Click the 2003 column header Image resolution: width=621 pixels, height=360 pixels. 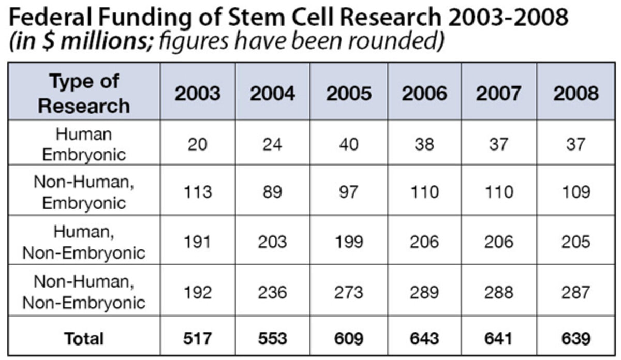[197, 93]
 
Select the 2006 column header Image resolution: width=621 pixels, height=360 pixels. [424, 93]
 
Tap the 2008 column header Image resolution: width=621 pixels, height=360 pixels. [576, 93]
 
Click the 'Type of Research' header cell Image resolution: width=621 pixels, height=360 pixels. [84, 93]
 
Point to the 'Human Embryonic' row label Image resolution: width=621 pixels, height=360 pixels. [84, 144]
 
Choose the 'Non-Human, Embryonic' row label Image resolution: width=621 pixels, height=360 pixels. [84, 191]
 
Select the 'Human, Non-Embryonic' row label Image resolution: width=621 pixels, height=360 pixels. [84, 242]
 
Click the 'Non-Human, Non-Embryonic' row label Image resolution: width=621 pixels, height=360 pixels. [84, 291]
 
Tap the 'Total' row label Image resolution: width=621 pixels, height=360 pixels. [84, 338]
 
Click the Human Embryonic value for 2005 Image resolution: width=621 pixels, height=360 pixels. [349, 144]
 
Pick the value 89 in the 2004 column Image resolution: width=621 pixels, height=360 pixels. [273, 192]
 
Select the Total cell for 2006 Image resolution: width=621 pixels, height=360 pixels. [424, 338]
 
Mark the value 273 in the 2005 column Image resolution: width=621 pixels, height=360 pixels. [349, 292]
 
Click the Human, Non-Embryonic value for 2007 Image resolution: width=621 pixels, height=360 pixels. [500, 242]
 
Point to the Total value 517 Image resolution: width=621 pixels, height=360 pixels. [197, 338]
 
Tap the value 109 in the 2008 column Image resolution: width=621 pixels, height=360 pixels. [576, 192]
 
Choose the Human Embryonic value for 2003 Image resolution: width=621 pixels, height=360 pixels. [197, 144]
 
